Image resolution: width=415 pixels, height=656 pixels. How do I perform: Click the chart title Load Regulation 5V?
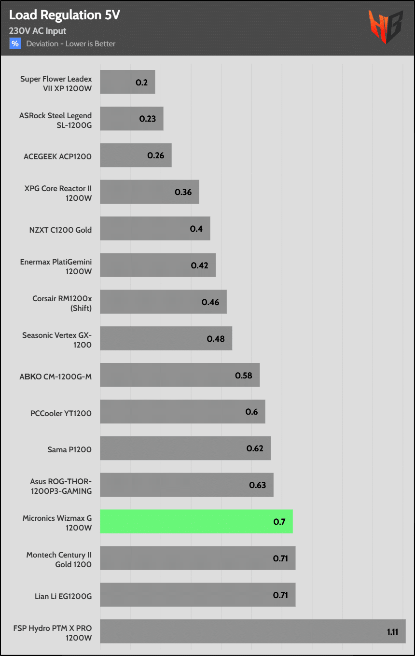(64, 15)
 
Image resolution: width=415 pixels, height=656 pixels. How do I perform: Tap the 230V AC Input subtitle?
(38, 31)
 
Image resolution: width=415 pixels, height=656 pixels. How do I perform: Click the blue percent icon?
(15, 43)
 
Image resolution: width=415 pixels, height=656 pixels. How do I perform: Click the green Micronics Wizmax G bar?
(196, 521)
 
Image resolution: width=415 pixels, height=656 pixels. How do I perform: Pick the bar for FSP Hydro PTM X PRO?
(252, 631)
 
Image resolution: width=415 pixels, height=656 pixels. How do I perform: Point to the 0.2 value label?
(141, 82)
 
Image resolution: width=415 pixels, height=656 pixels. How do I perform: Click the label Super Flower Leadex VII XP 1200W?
(56, 83)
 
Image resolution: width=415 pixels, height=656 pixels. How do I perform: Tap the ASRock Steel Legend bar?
(131, 119)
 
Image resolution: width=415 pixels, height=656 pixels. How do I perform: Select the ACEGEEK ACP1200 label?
(57, 157)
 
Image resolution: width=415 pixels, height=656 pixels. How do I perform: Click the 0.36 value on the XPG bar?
(183, 192)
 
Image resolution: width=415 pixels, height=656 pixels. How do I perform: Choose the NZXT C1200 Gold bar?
(155, 229)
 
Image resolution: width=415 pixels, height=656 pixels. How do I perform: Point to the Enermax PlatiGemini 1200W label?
(56, 266)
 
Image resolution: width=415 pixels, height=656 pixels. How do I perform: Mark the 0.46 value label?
(210, 302)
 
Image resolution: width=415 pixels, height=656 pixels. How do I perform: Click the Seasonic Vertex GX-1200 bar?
(166, 338)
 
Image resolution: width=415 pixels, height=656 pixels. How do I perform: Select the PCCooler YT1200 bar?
(182, 412)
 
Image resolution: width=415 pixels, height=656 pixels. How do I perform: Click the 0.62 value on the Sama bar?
(255, 448)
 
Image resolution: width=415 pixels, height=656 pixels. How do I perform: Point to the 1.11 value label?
(392, 631)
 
